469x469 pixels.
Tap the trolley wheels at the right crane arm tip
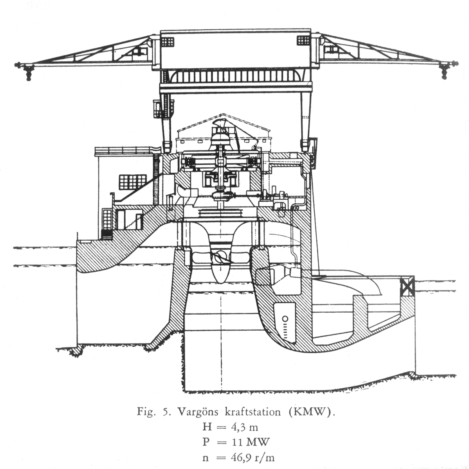point(444,72)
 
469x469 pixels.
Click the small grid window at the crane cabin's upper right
point(303,40)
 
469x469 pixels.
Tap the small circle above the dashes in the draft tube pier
point(285,319)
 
